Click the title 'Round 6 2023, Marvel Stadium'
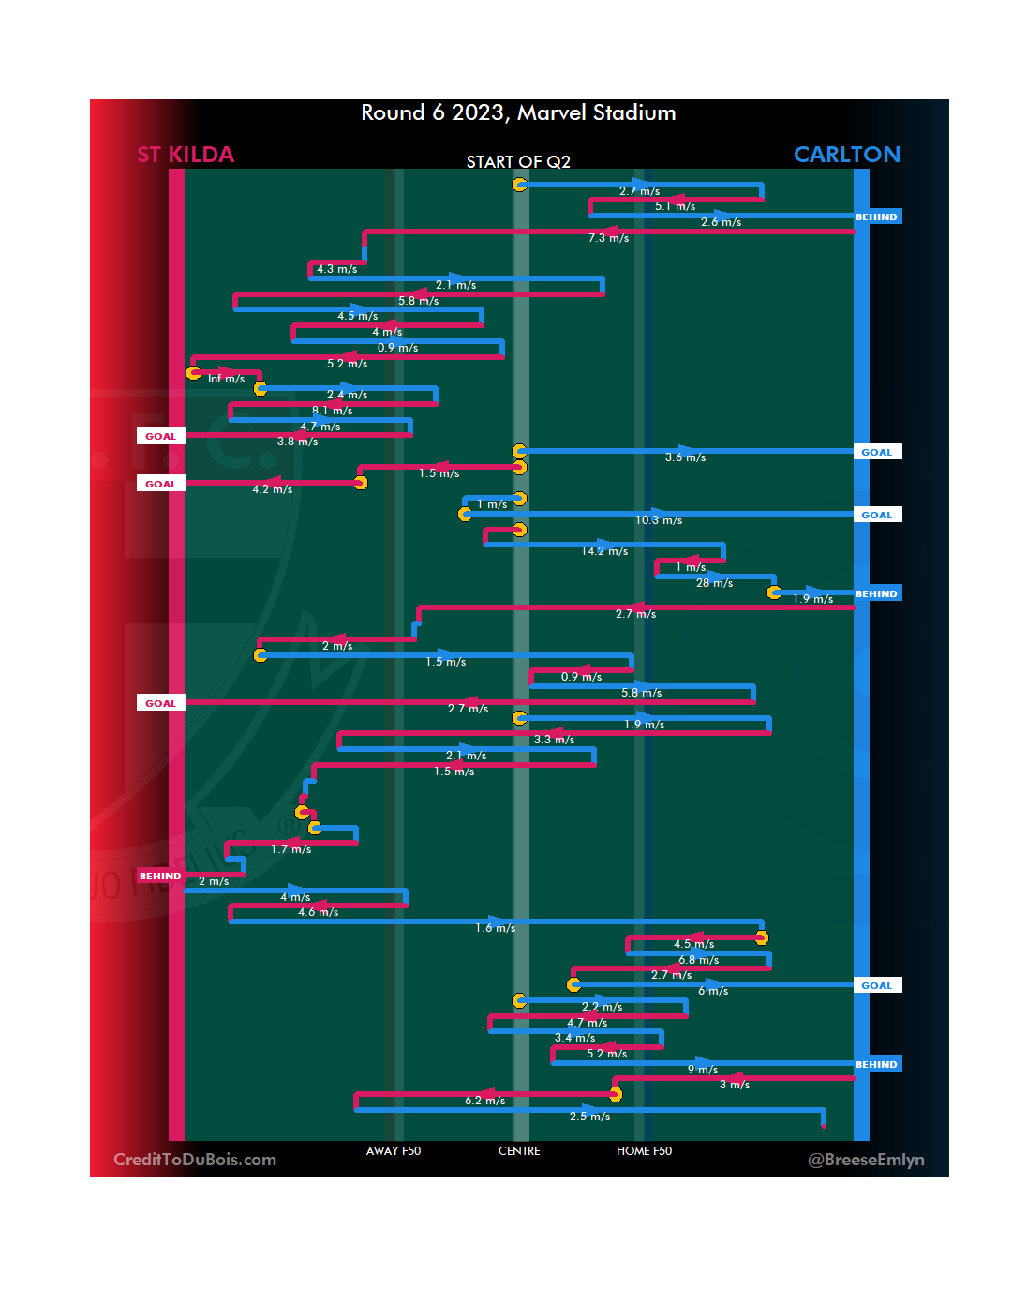(x=518, y=113)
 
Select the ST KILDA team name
(x=186, y=155)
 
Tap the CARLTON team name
(x=846, y=155)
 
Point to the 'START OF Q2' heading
(x=518, y=162)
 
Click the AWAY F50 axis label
(x=394, y=1151)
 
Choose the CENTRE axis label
(x=519, y=1151)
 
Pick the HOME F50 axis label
(x=644, y=1151)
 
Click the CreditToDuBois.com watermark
(x=195, y=1160)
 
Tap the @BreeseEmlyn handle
(x=866, y=1160)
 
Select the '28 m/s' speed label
(x=714, y=583)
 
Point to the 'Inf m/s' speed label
(x=226, y=379)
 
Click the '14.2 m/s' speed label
(x=604, y=551)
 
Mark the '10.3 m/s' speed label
(x=659, y=520)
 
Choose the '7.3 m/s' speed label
(x=608, y=238)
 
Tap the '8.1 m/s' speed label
(x=332, y=411)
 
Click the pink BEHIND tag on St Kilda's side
(x=160, y=877)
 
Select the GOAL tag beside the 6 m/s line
(x=877, y=985)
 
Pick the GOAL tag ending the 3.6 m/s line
(x=877, y=452)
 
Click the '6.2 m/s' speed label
(x=484, y=1101)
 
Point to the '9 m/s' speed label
(x=703, y=1070)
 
